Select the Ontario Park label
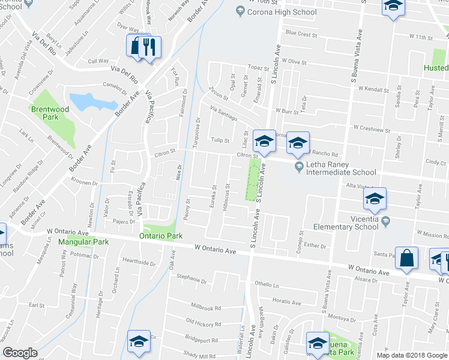[x=161, y=236]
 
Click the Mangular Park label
[x=83, y=242]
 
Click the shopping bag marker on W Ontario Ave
[x=406, y=258]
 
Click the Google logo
[x=20, y=352]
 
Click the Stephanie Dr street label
[x=191, y=278]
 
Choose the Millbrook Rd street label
[x=206, y=307]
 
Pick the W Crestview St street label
[x=372, y=128]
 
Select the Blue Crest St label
[x=301, y=34]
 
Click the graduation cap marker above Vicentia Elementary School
[x=375, y=200]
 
